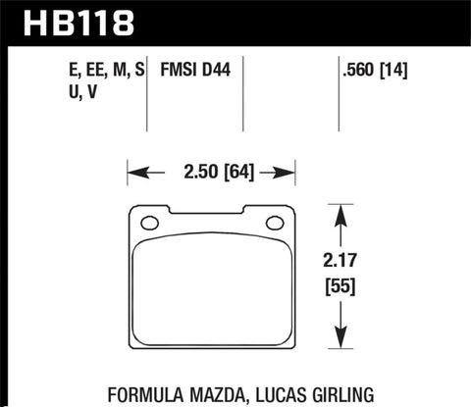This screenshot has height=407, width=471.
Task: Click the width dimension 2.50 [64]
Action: [212, 174]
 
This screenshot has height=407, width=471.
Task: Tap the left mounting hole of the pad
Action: [149, 223]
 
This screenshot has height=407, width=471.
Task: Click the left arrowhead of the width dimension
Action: [134, 174]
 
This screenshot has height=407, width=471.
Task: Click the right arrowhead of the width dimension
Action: [290, 174]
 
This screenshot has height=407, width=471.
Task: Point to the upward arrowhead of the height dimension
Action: [340, 211]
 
